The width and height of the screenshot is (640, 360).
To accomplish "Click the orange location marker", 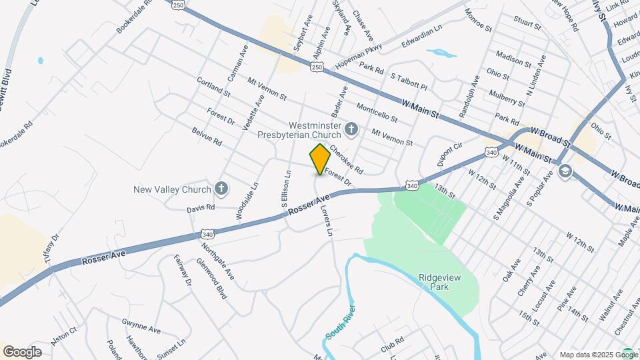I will point(320,159).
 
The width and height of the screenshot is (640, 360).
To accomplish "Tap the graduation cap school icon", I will point(565,172).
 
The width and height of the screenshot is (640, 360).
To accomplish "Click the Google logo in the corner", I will point(22,351).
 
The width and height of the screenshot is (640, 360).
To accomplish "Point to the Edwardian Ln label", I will point(421,37).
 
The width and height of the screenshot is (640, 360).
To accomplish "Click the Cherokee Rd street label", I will point(345,160).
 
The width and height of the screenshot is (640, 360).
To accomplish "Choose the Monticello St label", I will point(377,113).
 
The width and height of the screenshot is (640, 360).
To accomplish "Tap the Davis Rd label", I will point(201,208).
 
